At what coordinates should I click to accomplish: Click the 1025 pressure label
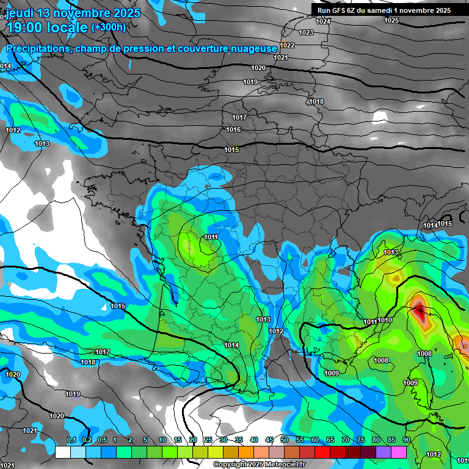pos(391,20)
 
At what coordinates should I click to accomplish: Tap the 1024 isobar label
pos(323,21)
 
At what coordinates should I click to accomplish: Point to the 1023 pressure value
pos(306,32)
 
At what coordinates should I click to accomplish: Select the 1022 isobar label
pos(288,45)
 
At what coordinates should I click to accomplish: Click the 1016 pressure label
pos(233,129)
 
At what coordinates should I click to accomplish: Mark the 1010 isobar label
pos(385,320)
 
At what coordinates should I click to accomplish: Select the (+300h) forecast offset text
pos(109,27)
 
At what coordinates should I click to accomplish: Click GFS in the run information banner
pos(338,10)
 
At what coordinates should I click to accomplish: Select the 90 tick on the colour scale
pos(405,440)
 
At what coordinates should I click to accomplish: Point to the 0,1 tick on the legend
pos(71,440)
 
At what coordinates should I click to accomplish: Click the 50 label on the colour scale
pos(284,440)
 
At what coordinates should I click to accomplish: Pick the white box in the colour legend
pos(62,452)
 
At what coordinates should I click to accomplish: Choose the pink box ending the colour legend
pos(398,452)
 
